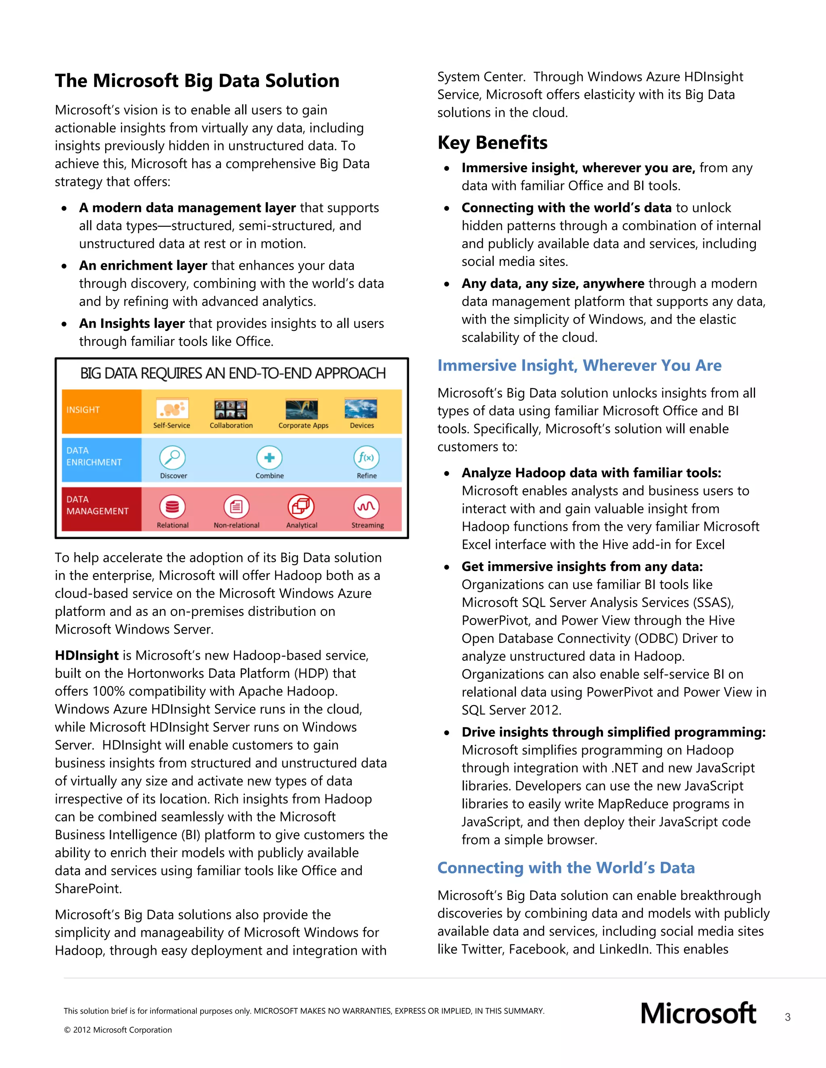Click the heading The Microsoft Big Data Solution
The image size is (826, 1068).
point(197,81)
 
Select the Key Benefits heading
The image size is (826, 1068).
point(492,143)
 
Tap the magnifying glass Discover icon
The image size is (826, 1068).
point(172,458)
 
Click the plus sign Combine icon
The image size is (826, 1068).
point(269,458)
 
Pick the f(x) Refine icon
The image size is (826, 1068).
point(367,458)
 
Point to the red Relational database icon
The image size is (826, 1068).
point(172,507)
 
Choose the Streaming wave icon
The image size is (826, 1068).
point(367,507)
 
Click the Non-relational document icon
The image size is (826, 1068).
point(236,507)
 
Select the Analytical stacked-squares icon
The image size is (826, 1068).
point(301,507)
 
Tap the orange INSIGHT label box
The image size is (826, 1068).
point(101,411)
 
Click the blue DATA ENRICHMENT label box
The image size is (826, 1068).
point(101,460)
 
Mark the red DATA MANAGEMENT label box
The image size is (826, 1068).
point(101,509)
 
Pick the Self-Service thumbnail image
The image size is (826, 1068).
point(172,408)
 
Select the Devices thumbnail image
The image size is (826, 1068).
point(361,408)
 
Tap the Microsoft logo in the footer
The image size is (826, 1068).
point(698,1014)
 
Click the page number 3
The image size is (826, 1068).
point(787,1017)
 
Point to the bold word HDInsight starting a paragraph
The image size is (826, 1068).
point(87,655)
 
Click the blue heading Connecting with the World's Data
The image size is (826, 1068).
point(566,868)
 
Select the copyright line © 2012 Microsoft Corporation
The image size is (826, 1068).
point(118,1030)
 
